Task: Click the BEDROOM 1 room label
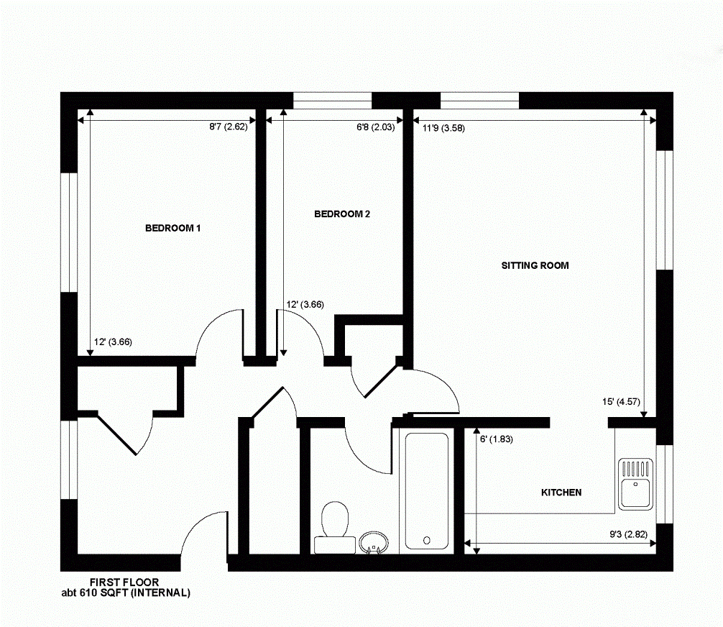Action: pyautogui.click(x=172, y=229)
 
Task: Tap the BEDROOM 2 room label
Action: pyautogui.click(x=342, y=214)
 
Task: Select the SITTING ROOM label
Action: pyautogui.click(x=535, y=265)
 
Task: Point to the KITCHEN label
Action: pyautogui.click(x=561, y=493)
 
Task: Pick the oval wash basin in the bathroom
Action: pyautogui.click(x=372, y=542)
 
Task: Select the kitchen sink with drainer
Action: pyautogui.click(x=635, y=484)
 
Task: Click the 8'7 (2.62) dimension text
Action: pyautogui.click(x=228, y=127)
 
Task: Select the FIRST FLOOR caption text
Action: pyautogui.click(x=124, y=582)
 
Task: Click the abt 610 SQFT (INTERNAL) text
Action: pyautogui.click(x=126, y=593)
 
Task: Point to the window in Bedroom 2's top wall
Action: pyautogui.click(x=332, y=101)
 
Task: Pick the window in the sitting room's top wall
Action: pyautogui.click(x=479, y=101)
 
